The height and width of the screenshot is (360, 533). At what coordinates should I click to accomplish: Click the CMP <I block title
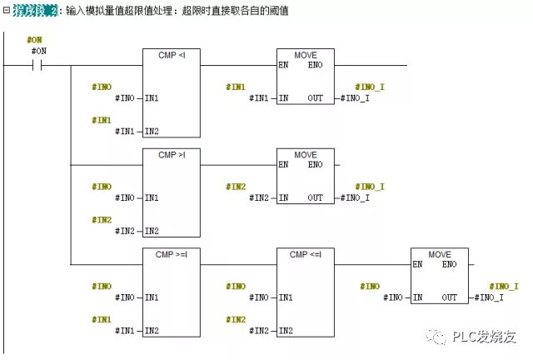coord(172,55)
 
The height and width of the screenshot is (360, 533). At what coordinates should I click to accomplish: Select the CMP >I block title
coord(172,154)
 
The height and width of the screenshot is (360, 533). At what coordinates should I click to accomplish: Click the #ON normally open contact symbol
coord(37,64)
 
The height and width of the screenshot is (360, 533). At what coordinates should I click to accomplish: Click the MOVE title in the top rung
coord(306,55)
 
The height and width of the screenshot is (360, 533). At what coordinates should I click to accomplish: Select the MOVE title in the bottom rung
coord(440,253)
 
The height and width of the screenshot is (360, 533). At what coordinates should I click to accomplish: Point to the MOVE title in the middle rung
coord(306,154)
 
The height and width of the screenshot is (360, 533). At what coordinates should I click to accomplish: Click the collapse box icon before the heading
coord(7,12)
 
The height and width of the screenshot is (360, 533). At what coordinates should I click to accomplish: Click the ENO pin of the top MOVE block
coord(316,65)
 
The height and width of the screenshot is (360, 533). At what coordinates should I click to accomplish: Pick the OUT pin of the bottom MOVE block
coord(450,297)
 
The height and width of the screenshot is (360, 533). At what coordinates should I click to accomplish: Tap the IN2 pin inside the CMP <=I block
coord(286,331)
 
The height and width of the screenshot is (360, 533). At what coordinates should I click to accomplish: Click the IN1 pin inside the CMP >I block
coord(152,197)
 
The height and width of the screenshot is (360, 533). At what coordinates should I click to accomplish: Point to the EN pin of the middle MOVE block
coord(283,164)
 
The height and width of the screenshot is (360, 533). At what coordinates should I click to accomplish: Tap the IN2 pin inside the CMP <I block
coord(152,132)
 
